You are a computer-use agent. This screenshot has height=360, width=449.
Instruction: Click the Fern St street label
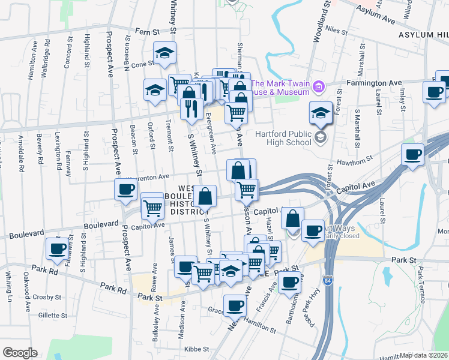pos(149,31)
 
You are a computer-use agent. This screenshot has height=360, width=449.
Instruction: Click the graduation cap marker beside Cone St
pos(164,53)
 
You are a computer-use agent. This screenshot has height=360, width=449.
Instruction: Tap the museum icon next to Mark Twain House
pos(319,88)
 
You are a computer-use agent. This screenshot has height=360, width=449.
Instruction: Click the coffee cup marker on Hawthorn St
pos(412,155)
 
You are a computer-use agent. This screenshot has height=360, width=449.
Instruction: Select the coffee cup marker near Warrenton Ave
pos(126,190)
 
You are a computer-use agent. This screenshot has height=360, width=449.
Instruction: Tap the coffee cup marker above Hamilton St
pos(234,306)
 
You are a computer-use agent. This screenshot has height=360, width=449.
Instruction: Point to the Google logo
pos(20,353)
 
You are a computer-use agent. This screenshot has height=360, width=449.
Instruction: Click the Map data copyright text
pos(423,355)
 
